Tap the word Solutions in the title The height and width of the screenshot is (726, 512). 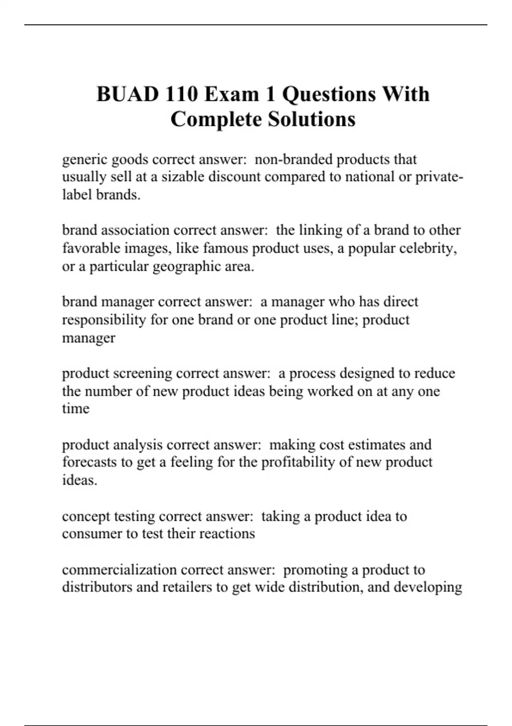coord(312,119)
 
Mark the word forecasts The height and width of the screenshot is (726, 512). coord(89,462)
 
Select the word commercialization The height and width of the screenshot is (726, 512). coord(116,570)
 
